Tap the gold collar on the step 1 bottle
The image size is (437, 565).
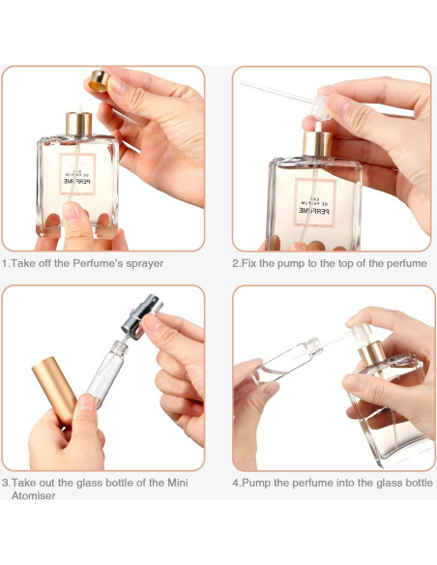click(x=79, y=124)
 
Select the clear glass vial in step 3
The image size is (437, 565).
click(x=103, y=372)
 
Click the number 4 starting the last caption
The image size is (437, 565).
click(x=235, y=482)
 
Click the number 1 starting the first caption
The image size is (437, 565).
click(x=4, y=263)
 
